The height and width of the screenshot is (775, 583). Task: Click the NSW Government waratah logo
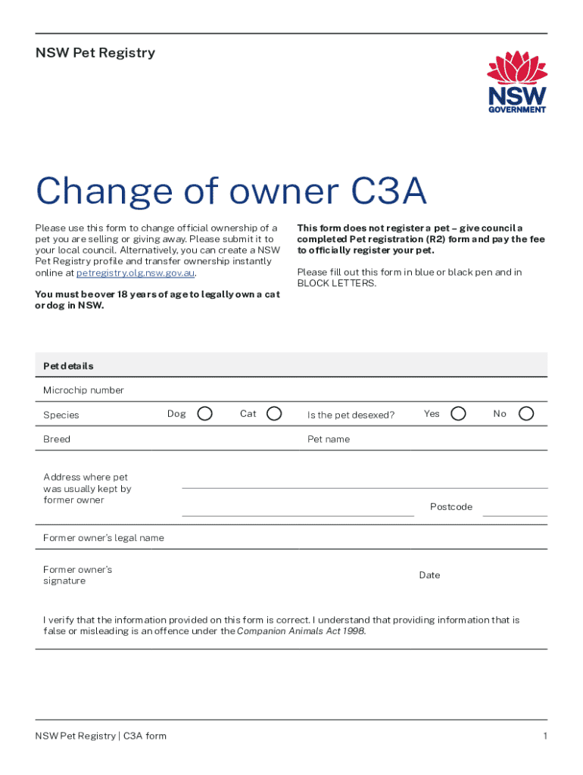[516, 82]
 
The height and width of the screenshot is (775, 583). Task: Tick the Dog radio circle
[204, 413]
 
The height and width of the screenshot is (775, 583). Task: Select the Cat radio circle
[275, 413]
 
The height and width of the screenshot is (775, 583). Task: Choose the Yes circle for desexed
[458, 413]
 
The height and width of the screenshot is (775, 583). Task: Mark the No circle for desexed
[526, 413]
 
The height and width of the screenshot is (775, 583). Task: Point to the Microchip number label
[83, 391]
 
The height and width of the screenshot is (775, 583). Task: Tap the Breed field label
[57, 439]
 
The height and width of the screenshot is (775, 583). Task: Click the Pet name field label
[329, 439]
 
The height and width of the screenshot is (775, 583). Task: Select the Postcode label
[451, 506]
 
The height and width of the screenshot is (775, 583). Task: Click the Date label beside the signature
[429, 575]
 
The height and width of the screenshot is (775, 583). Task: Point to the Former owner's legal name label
[104, 538]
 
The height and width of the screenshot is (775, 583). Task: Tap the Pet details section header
[68, 366]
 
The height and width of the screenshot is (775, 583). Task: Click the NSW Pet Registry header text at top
[95, 53]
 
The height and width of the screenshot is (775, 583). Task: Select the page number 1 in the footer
[544, 736]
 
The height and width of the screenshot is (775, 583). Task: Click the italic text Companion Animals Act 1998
[301, 631]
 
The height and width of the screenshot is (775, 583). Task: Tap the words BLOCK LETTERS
[335, 284]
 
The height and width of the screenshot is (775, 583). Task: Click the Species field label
[61, 415]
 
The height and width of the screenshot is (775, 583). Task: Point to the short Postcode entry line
[515, 515]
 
